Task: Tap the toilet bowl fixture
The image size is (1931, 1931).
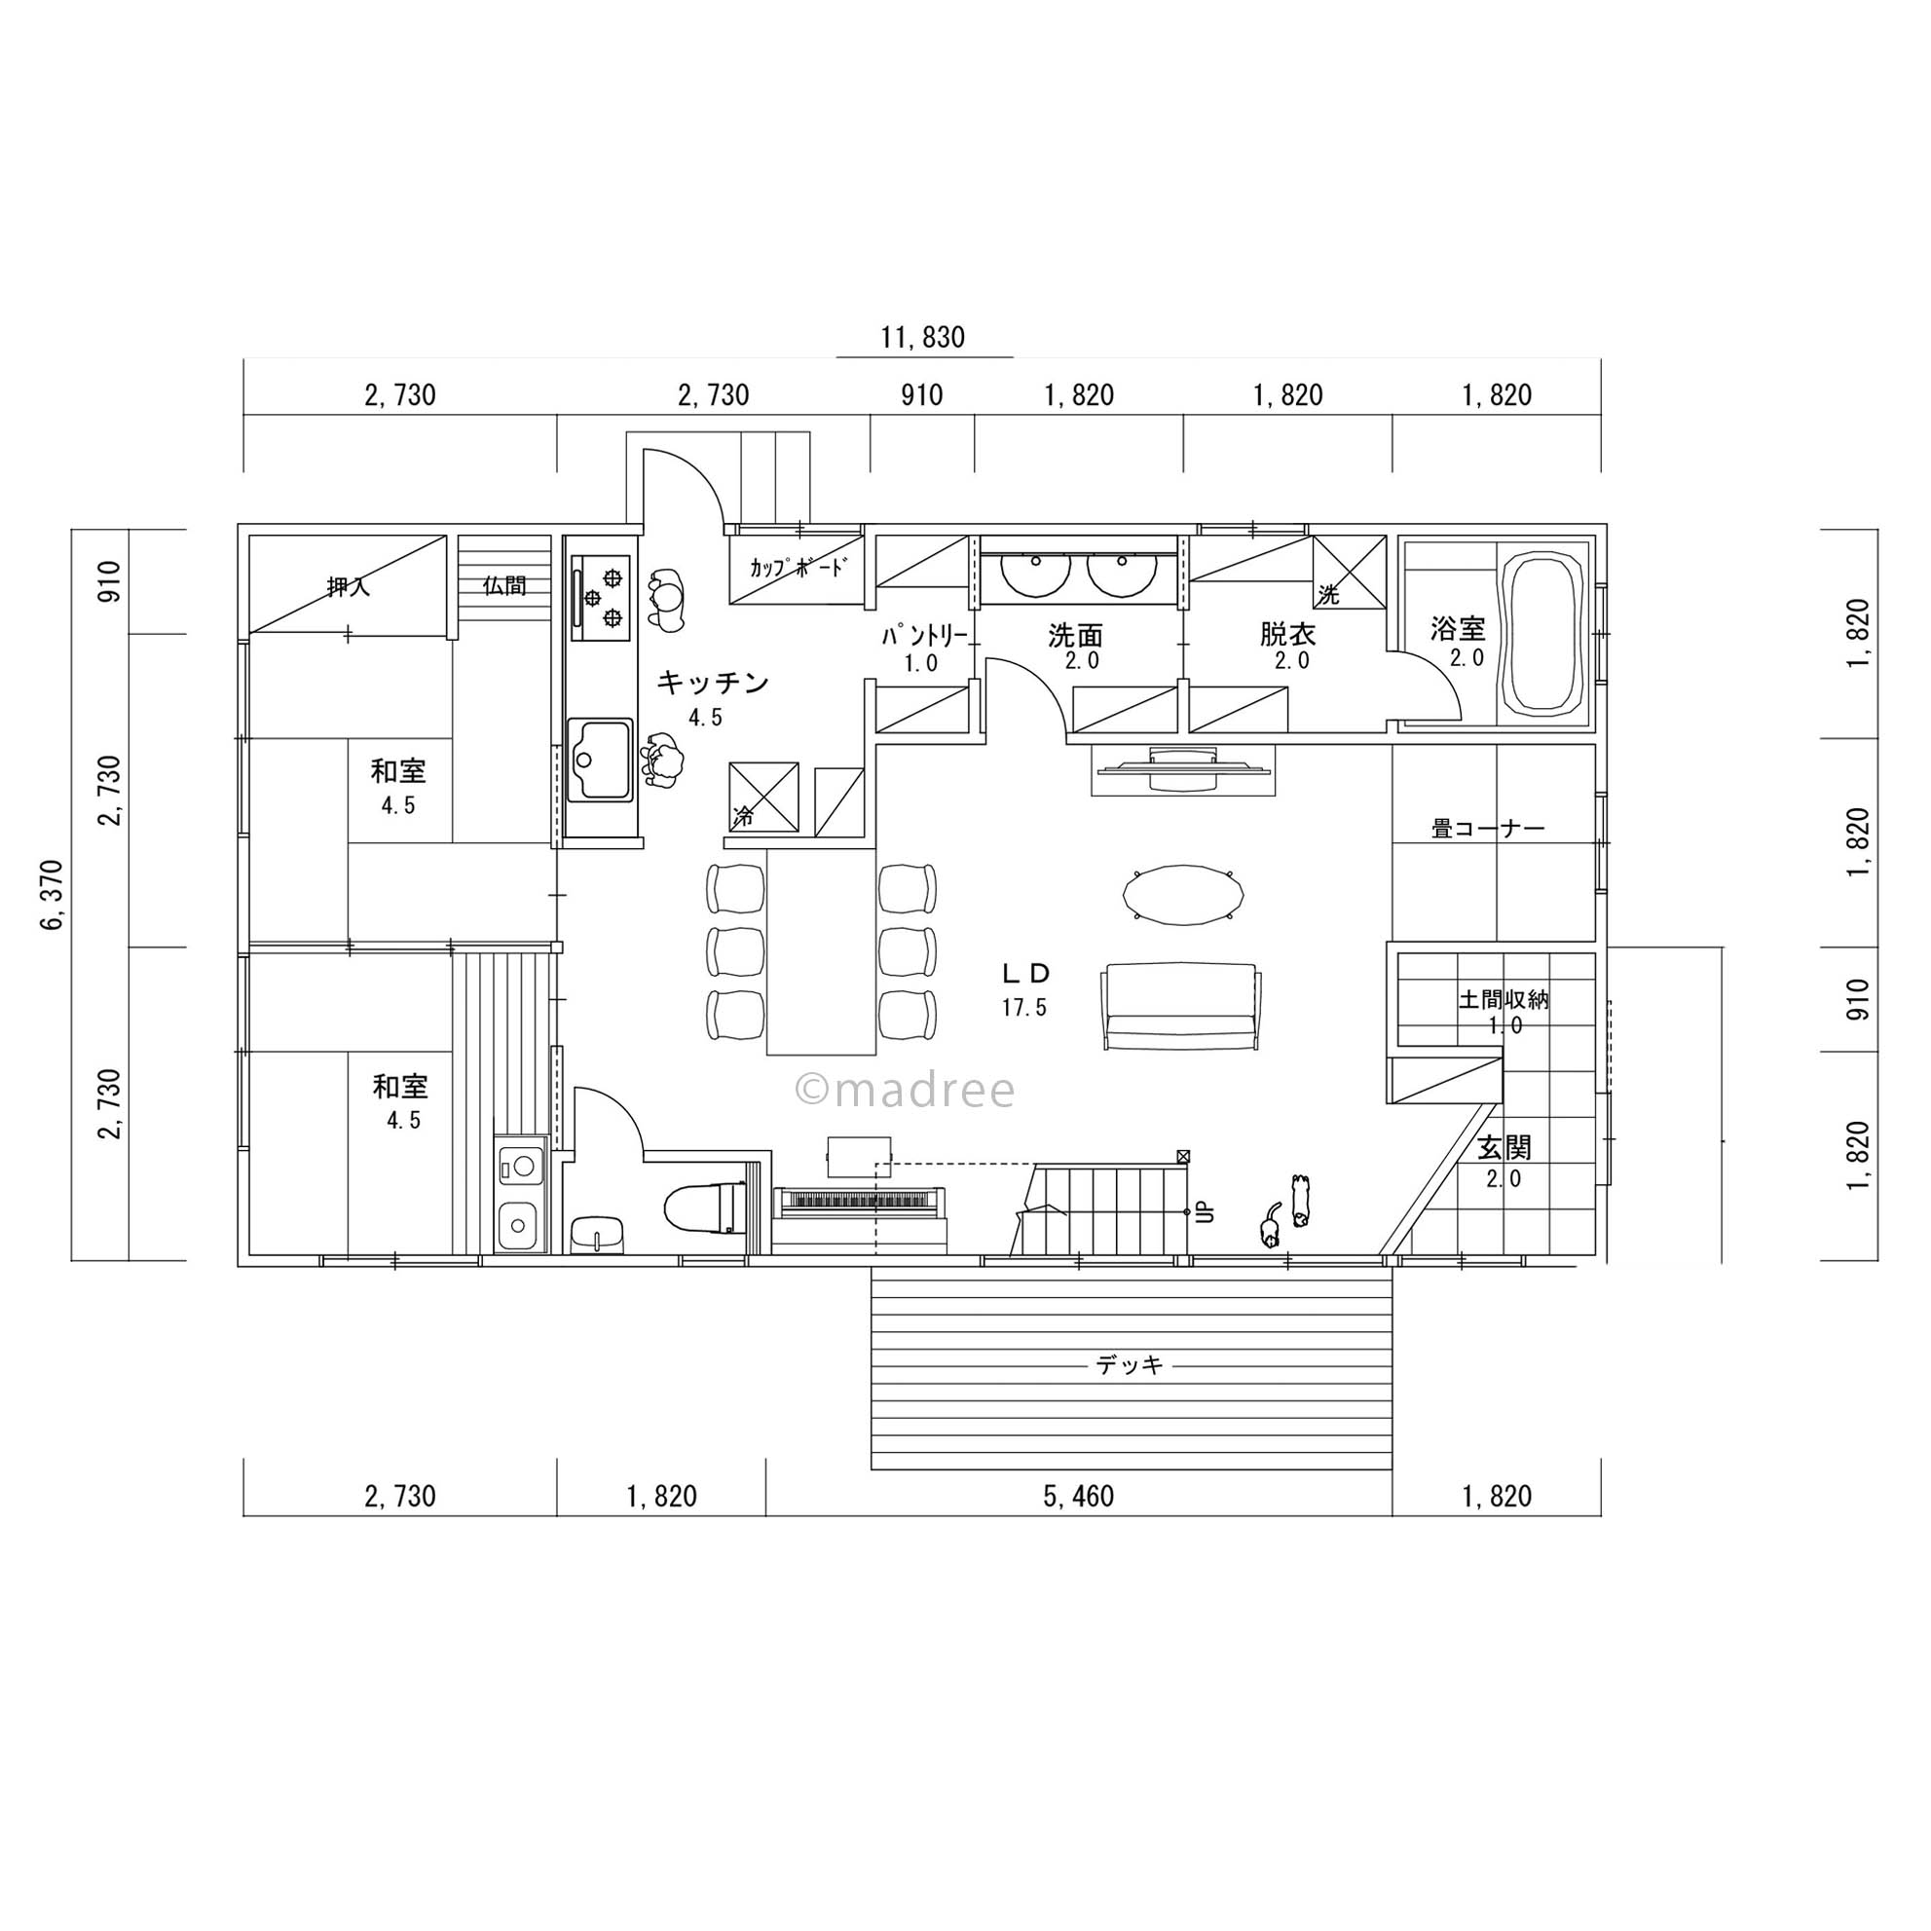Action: click(x=706, y=1207)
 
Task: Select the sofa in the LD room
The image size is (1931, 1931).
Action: click(x=1180, y=1007)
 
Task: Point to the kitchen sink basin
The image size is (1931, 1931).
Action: click(x=600, y=760)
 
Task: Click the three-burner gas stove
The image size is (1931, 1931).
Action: click(x=601, y=598)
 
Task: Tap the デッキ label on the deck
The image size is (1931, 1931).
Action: click(x=1130, y=1364)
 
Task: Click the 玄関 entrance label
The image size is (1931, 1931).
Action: click(x=1504, y=1147)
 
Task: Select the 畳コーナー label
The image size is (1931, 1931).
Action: click(x=1488, y=829)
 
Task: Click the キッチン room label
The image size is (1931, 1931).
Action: click(x=713, y=683)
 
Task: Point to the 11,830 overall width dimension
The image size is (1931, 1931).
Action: click(x=922, y=338)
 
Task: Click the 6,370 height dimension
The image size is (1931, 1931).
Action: click(x=53, y=894)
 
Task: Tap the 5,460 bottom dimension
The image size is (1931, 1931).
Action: click(x=1078, y=1497)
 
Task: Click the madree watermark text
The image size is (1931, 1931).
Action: click(x=905, y=1091)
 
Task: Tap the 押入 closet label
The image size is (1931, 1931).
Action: click(x=348, y=586)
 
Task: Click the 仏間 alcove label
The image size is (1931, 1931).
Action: click(x=504, y=584)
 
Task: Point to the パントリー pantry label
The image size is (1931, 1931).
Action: click(x=924, y=636)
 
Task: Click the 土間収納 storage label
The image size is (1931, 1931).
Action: click(x=1504, y=999)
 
